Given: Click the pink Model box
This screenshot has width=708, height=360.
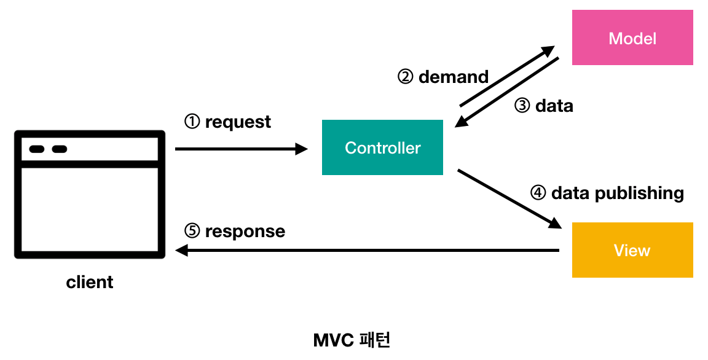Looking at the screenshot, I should (x=632, y=38).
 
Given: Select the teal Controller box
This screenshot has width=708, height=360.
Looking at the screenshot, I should (x=382, y=147).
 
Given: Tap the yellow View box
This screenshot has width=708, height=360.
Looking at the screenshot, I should (x=632, y=250).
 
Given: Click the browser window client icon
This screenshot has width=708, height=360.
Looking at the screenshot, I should (x=90, y=195).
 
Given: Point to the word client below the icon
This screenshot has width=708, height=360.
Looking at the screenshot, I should (x=90, y=283).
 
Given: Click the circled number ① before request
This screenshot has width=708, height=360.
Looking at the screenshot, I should (x=192, y=122).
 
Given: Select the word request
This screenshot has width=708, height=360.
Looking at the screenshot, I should (x=238, y=122).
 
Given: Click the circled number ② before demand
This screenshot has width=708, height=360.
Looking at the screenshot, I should (x=406, y=77).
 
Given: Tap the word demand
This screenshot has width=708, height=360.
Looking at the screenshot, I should (x=454, y=77).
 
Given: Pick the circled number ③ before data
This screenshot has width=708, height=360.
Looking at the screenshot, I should (x=522, y=106).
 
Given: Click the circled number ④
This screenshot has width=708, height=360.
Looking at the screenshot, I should (x=538, y=193).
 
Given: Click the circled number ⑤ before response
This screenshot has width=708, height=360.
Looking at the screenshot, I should (x=192, y=231).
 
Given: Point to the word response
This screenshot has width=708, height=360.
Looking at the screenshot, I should (x=245, y=232).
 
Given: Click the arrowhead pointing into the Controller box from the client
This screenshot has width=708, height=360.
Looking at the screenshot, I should (x=301, y=149).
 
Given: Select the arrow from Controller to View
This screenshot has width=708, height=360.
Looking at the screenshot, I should (x=509, y=198).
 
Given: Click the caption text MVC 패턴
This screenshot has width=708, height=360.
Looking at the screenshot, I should (x=352, y=340).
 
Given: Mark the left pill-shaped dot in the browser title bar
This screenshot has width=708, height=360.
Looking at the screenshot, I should (x=37, y=149).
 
